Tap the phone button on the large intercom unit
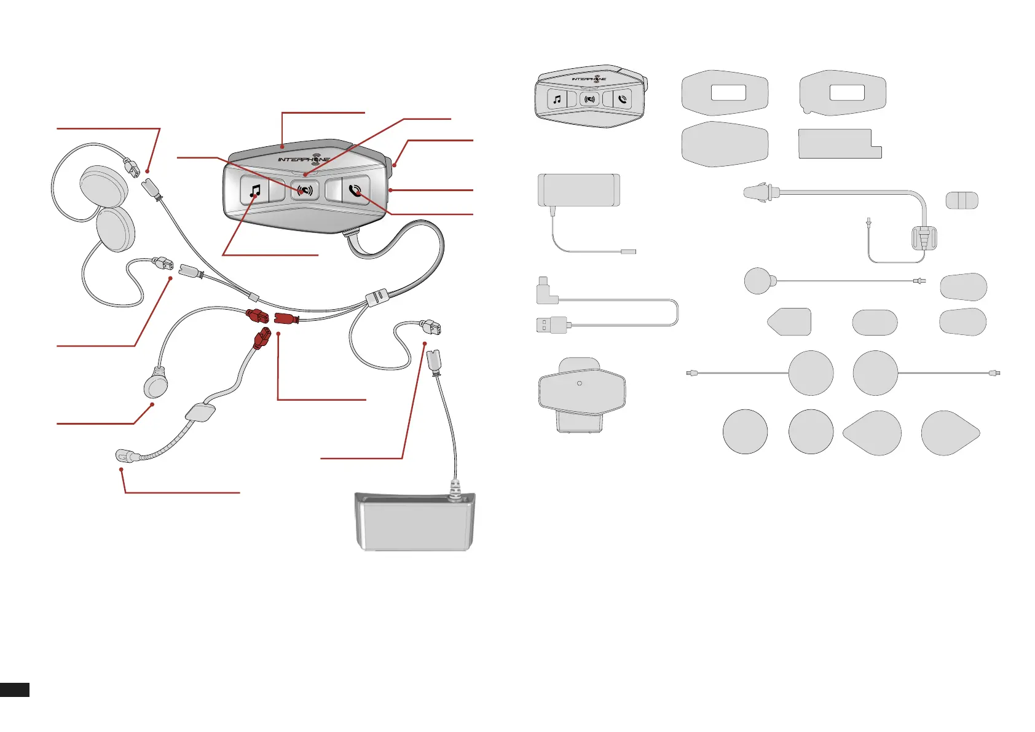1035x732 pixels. click(355, 191)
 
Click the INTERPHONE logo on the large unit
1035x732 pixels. click(304, 159)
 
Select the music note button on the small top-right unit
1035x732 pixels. click(557, 99)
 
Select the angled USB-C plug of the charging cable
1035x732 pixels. click(546, 291)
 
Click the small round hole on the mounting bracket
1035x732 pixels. click(580, 384)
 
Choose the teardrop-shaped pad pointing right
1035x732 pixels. click(950, 433)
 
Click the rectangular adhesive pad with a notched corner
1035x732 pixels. click(839, 144)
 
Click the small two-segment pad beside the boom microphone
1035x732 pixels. click(961, 200)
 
